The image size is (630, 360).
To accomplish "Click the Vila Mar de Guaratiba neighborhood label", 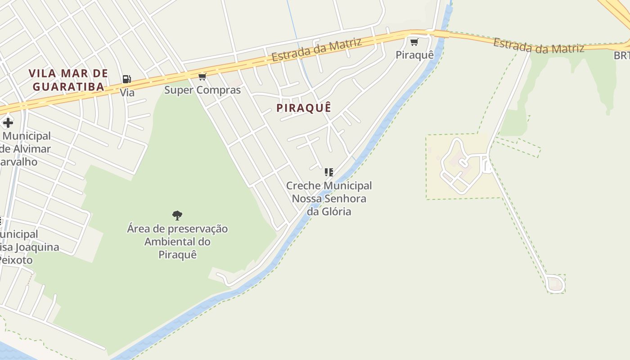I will [x=68, y=80].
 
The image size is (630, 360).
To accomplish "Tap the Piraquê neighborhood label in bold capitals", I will [x=304, y=108].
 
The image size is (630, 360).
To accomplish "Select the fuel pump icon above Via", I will [x=126, y=80].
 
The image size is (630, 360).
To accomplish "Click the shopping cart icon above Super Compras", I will [x=202, y=77].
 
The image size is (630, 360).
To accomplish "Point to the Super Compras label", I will [x=202, y=90].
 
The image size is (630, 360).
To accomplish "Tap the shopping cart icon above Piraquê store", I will [x=414, y=42].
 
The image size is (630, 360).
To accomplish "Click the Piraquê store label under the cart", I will [x=414, y=55].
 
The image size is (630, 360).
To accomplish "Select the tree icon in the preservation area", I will [x=177, y=215].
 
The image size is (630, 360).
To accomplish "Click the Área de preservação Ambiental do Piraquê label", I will [x=177, y=242].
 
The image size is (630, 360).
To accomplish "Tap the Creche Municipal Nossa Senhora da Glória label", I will [x=329, y=198].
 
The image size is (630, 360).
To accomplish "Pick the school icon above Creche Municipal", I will [x=329, y=172].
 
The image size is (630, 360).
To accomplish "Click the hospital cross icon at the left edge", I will [x=8, y=123].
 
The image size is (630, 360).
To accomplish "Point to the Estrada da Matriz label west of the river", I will [x=316, y=49].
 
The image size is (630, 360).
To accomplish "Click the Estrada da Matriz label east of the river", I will [x=538, y=46].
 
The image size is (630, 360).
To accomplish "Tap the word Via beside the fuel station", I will [x=127, y=93].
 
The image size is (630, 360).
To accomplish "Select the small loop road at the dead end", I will [x=555, y=284].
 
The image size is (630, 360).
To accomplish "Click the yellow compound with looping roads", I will [x=461, y=166].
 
